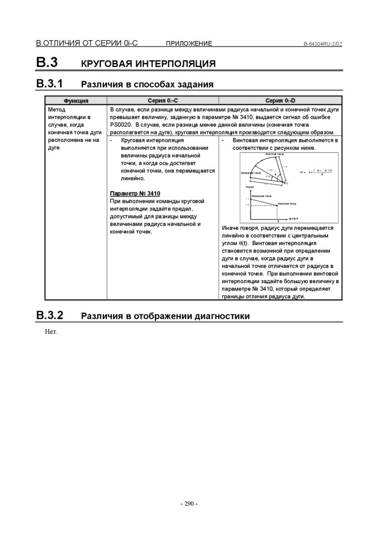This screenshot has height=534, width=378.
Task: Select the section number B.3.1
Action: [49, 83]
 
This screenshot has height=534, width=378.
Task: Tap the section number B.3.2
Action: [49, 315]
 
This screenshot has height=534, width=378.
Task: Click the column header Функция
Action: [76, 101]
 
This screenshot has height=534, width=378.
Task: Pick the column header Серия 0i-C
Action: [162, 101]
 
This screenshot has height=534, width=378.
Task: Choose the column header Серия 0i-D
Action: [280, 101]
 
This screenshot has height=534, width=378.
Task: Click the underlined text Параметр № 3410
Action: [135, 193]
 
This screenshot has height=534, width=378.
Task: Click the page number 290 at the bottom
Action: [189, 504]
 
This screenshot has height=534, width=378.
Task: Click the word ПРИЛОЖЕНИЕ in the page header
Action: [188, 44]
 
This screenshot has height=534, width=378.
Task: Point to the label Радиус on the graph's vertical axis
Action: [249, 187]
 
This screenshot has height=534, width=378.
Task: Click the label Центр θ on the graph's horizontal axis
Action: [293, 219]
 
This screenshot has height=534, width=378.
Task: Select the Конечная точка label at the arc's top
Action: [274, 154]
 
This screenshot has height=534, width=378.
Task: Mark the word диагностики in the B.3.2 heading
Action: [221, 316]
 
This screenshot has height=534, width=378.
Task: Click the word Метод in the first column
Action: [56, 111]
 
